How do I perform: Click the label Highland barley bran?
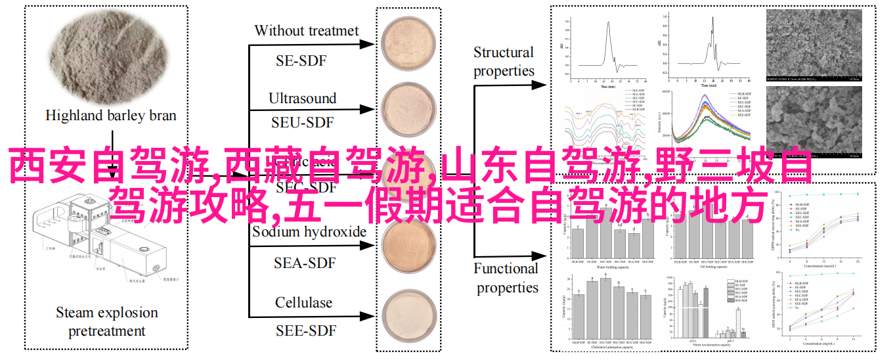(110, 116)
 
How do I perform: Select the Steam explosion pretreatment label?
(106, 322)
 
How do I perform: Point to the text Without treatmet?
(306, 31)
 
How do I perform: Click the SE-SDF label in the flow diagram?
(301, 61)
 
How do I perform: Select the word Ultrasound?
(302, 99)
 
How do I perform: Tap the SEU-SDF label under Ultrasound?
(302, 122)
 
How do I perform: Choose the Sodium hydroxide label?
(309, 231)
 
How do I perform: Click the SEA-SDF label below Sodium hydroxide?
(304, 263)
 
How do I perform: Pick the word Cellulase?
(303, 303)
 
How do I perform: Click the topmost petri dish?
(406, 43)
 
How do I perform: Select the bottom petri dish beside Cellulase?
(406, 317)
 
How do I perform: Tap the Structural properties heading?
(504, 61)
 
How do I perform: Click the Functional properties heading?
(506, 278)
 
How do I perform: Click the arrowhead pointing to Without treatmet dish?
(372, 45)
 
